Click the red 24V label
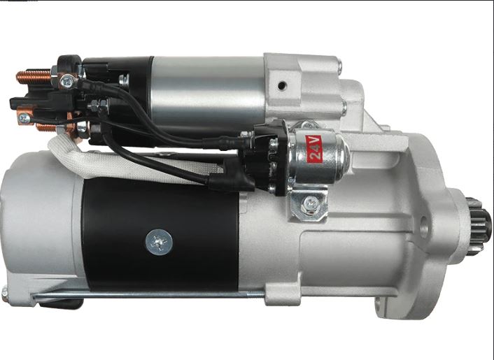(x=314, y=149)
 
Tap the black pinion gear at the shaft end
(x=478, y=226)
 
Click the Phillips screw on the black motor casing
(x=159, y=242)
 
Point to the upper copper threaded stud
(x=34, y=77)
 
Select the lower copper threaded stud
(x=46, y=128)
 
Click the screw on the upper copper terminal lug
(x=67, y=82)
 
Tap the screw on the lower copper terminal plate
(x=24, y=119)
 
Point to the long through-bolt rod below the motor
(x=148, y=295)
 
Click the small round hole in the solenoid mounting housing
(x=282, y=85)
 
